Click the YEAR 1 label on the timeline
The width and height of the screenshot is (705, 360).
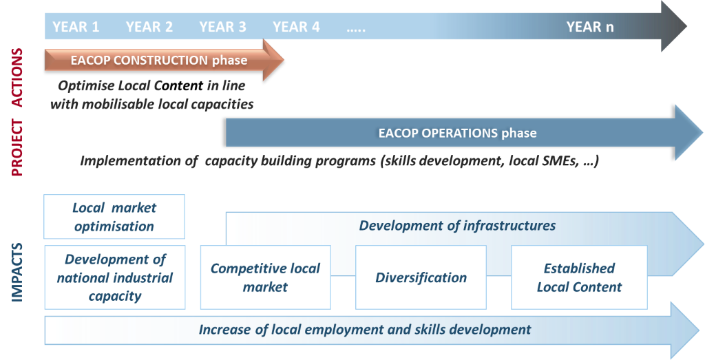76,27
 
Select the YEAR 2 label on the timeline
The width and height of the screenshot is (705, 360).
149,27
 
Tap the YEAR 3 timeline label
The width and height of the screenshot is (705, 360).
223,27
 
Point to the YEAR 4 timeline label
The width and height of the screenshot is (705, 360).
296,27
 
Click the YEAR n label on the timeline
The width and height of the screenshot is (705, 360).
590,27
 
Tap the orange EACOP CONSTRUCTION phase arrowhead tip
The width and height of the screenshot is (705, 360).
284,60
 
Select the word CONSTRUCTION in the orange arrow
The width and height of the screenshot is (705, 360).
160,60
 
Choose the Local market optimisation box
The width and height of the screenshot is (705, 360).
114,217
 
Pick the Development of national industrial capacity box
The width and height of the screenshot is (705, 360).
115,277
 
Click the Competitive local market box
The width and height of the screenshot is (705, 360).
265,277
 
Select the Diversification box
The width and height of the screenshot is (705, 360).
421,277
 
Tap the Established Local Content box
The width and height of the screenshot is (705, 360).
579,277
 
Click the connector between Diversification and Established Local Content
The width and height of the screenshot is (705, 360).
498,275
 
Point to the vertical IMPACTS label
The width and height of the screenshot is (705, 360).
17,273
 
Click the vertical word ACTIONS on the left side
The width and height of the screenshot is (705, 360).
17,78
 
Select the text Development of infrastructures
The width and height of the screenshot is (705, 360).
457,226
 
